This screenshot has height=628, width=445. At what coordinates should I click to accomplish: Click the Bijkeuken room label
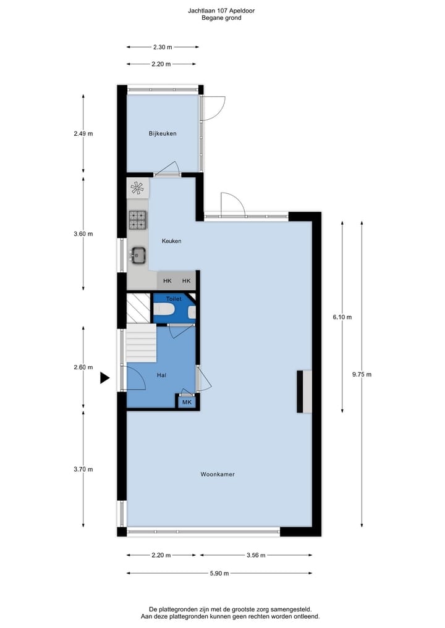pyautogui.click(x=163, y=133)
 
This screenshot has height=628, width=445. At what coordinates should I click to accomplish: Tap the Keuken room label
pyautogui.click(x=171, y=241)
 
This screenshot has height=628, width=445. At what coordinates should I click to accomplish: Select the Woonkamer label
pyautogui.click(x=218, y=474)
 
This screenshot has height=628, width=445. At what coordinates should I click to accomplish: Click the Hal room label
pyautogui.click(x=161, y=375)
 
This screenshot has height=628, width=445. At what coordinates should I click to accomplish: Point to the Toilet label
pyautogui.click(x=174, y=299)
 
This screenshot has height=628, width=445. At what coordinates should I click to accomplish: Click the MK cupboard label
pyautogui.click(x=186, y=403)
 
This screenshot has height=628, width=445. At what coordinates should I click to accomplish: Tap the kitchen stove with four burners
pyautogui.click(x=138, y=219)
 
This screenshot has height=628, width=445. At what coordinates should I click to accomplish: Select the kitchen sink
pyautogui.click(x=138, y=254)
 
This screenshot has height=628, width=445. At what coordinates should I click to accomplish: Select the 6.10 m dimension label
pyautogui.click(x=342, y=317)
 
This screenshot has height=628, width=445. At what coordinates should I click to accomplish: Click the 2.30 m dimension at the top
pyautogui.click(x=162, y=46)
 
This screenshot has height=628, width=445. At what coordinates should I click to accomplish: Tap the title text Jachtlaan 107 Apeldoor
pyautogui.click(x=221, y=10)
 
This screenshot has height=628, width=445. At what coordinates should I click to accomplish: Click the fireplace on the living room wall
pyautogui.click(x=304, y=391)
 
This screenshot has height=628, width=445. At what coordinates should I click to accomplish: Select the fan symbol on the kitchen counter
pyautogui.click(x=138, y=188)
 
